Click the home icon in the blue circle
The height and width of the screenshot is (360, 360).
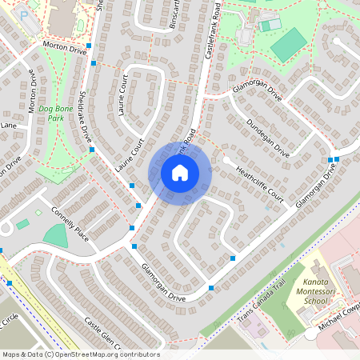(x=180, y=173)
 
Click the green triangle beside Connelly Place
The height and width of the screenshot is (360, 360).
(x=56, y=235)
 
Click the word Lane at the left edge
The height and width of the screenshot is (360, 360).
(x=8, y=126)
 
